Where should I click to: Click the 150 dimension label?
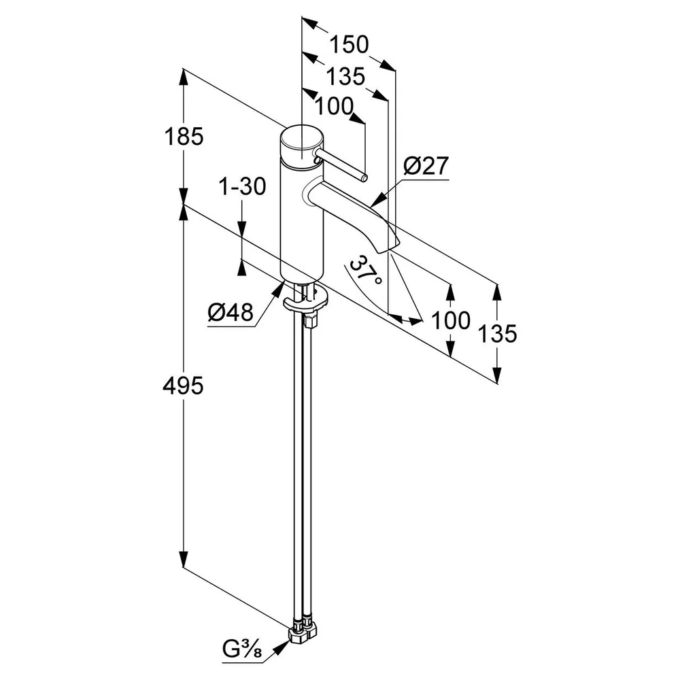349,45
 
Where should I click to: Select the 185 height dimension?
184,137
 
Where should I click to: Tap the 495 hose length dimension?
183,386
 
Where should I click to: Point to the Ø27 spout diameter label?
426,166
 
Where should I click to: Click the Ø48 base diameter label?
231,312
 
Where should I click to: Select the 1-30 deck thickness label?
243,187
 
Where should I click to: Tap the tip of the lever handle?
365,177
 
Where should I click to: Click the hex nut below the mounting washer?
311,322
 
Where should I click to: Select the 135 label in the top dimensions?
345,77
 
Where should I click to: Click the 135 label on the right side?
498,333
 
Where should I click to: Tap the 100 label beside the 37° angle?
451,320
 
